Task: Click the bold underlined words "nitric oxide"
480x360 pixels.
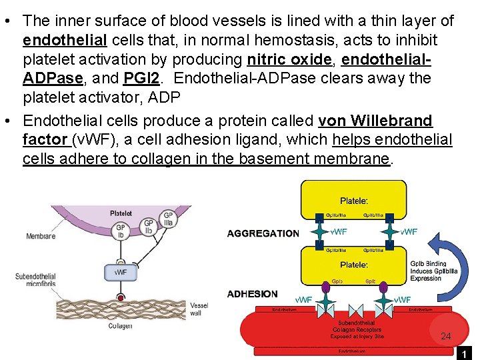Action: (x=289, y=59)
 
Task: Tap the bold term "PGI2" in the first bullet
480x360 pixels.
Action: (x=141, y=79)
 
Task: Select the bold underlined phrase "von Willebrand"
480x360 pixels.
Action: (x=375, y=121)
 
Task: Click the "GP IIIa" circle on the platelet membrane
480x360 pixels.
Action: (x=168, y=220)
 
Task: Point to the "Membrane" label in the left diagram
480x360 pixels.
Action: (x=41, y=236)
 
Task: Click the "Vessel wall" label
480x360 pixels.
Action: (x=199, y=309)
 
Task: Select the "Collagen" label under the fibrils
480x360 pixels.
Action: (x=121, y=325)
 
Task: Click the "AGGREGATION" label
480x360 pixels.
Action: (x=263, y=233)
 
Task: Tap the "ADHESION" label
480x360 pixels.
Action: (x=252, y=294)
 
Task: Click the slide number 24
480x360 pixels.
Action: (x=446, y=337)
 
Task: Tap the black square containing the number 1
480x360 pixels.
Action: (x=464, y=353)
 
